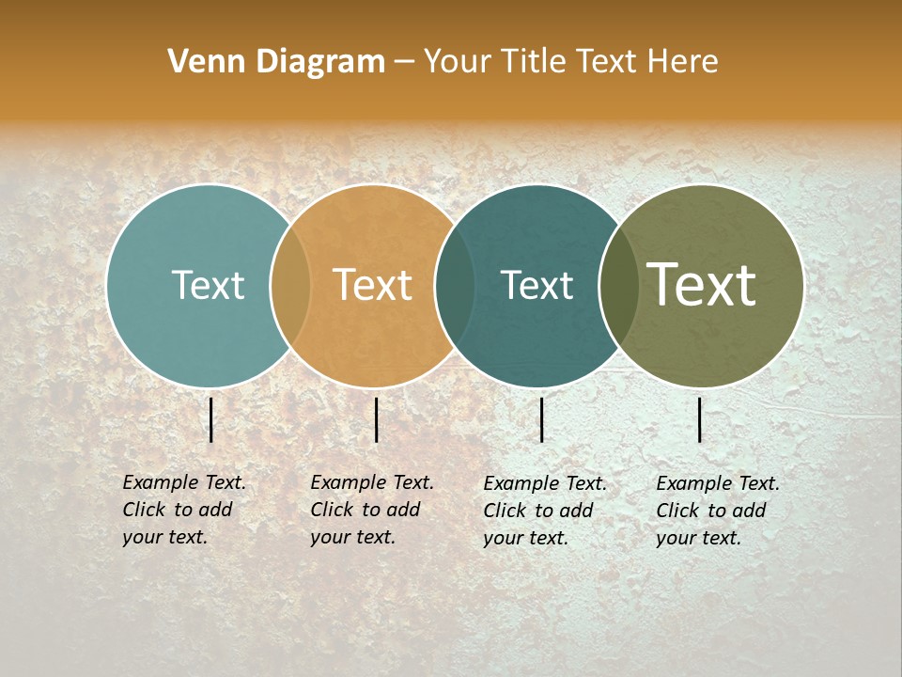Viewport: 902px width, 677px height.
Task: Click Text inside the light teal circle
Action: (208, 285)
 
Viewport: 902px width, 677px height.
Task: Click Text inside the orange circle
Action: (372, 285)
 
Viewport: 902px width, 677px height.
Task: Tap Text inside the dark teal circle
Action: (537, 285)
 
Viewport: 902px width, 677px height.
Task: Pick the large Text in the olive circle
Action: (701, 284)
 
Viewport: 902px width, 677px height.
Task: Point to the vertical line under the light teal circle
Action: (211, 419)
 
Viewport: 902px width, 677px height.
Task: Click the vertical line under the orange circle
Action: (376, 419)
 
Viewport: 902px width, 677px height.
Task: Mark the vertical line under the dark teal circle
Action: (541, 419)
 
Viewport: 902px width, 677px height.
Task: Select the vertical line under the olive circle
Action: (700, 419)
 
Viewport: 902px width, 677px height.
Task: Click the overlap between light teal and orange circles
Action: (290, 286)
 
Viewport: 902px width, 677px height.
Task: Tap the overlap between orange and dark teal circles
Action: (455, 286)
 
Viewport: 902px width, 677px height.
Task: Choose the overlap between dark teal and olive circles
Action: (618, 286)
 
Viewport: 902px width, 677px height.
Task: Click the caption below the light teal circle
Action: (183, 510)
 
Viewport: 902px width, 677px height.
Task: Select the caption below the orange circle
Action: (371, 510)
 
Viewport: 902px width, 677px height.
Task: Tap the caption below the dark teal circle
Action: (544, 511)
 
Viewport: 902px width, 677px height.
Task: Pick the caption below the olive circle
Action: (717, 511)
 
